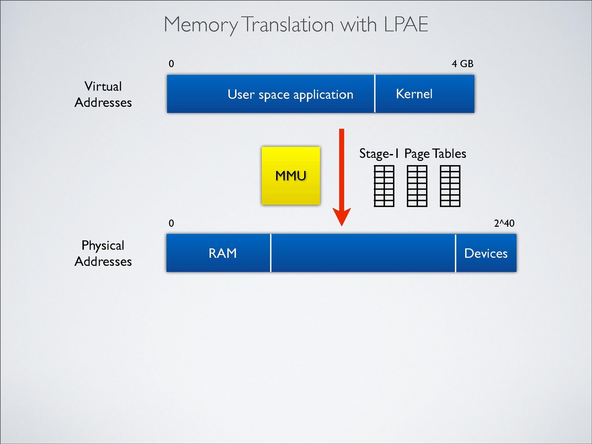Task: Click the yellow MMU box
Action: point(291,175)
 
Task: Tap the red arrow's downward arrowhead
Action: point(341,217)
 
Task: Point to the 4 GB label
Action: point(463,64)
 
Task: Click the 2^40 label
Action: point(504,223)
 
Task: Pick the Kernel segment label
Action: point(414,94)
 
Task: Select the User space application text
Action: point(290,94)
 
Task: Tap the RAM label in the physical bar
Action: point(222,253)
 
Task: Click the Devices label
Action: point(486,253)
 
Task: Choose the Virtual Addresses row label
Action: point(103,94)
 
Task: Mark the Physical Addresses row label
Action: point(103,253)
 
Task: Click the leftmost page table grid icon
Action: point(384,186)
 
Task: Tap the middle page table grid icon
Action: point(417,186)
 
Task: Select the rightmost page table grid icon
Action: point(450,186)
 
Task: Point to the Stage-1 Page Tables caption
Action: point(412,154)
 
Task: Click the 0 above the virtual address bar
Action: point(171,64)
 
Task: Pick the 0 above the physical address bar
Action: point(171,223)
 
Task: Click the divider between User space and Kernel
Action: point(375,94)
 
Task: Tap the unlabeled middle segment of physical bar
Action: point(363,253)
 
